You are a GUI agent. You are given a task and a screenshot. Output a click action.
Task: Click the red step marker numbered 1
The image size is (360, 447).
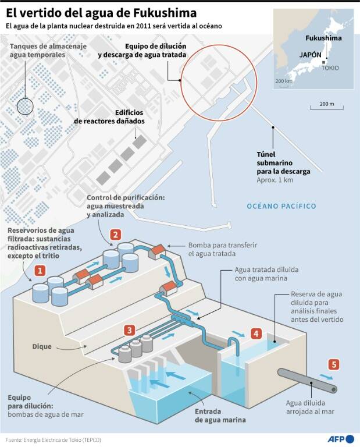click(40, 271)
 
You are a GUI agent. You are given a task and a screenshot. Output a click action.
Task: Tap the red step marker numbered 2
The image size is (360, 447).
click(116, 235)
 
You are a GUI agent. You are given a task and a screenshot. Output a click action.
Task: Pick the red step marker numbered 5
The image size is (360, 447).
click(333, 364)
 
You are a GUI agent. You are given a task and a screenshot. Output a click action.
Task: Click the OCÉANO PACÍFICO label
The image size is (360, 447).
click(281, 207)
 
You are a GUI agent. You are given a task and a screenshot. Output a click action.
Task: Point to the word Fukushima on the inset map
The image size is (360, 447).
click(324, 38)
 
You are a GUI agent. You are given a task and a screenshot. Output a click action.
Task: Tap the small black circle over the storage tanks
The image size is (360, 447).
click(25, 106)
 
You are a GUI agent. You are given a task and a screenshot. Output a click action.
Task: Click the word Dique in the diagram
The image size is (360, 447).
click(42, 347)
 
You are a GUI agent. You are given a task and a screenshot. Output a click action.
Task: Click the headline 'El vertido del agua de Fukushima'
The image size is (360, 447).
click(101, 12)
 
